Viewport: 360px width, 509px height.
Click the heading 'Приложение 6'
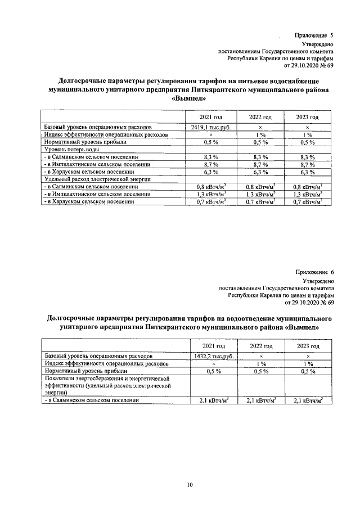pyautogui.click(x=314, y=272)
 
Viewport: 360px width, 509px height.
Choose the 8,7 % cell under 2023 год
pyautogui.click(x=308, y=164)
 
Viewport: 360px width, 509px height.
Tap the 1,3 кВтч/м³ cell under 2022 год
pyautogui.click(x=260, y=193)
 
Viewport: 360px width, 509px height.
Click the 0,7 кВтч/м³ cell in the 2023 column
pyautogui.click(x=308, y=201)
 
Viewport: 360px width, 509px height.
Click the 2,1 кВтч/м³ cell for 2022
pyautogui.click(x=260, y=400)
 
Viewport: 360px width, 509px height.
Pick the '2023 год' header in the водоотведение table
pyautogui.click(x=308, y=345)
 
